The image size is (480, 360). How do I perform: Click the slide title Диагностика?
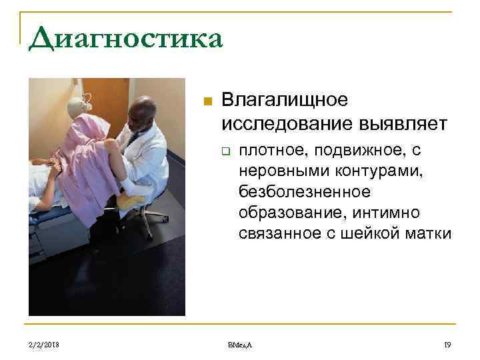click(125, 38)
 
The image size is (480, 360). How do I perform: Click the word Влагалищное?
click(285, 101)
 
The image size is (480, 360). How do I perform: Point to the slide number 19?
click(447, 344)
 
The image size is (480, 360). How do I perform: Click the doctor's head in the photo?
click(143, 111)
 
